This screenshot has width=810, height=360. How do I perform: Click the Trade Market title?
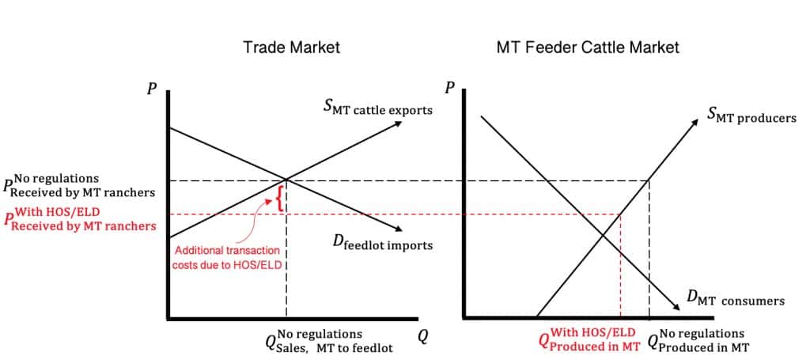point(291,47)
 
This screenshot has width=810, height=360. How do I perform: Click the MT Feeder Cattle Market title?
point(587,47)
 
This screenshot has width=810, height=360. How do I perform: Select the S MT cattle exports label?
point(378,108)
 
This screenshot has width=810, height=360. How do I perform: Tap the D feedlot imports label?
point(383,244)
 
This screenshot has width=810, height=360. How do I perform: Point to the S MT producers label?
point(751,117)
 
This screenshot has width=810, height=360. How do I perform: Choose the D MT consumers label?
point(735,299)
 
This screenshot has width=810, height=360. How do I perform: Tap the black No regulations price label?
point(80,185)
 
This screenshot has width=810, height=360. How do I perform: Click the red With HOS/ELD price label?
point(80,219)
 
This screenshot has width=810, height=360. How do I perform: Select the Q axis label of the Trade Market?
point(423,336)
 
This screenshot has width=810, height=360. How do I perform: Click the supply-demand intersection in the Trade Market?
point(286,181)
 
